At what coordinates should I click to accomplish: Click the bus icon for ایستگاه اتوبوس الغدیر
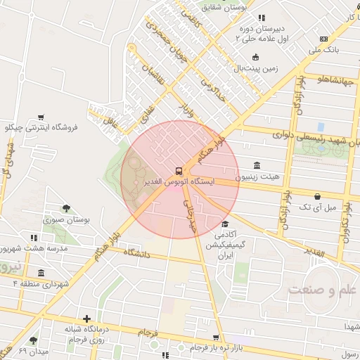(x=179, y=170)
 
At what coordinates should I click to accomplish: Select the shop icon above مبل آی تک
(x=318, y=196)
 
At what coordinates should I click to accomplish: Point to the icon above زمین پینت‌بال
(x=255, y=57)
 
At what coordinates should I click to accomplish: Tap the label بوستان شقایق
(x=225, y=7)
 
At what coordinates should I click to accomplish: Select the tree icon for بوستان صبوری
(x=66, y=208)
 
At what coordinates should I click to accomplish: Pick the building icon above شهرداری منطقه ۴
(x=41, y=273)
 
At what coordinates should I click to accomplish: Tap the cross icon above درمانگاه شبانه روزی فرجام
(x=86, y=319)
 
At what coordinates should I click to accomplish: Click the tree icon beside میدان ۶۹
(x=33, y=340)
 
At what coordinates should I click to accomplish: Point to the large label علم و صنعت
(x=323, y=289)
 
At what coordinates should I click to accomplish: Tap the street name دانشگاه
(x=137, y=253)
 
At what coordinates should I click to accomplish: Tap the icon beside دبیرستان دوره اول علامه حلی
(x=262, y=18)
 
